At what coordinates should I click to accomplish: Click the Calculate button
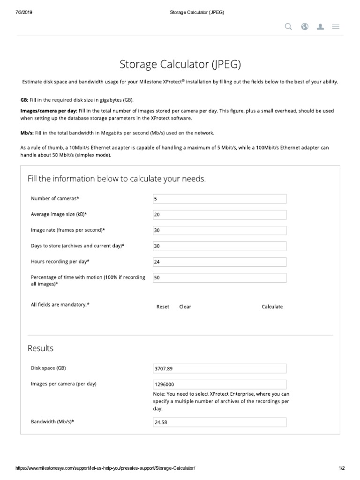tap(272, 307)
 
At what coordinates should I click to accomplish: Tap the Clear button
tap(185, 307)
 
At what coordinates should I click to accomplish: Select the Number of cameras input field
tap(219, 199)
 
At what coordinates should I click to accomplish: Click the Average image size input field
tap(219, 215)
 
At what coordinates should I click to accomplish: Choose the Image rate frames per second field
tap(219, 231)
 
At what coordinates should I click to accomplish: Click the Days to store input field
tap(219, 246)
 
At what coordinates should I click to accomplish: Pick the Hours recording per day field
tap(219, 262)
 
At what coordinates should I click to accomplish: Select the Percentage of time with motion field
tap(219, 278)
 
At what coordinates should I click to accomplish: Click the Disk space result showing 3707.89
tap(219, 368)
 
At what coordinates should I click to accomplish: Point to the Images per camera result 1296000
tap(219, 384)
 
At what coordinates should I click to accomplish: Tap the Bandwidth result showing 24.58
tap(219, 422)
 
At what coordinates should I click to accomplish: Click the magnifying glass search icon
tap(289, 27)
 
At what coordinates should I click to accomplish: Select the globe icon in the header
tap(305, 27)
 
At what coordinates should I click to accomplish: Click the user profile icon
tap(321, 27)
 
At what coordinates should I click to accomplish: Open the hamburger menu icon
tap(336, 27)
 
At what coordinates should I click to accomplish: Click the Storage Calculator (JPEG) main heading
tap(180, 64)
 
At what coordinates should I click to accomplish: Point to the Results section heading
tap(41, 348)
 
